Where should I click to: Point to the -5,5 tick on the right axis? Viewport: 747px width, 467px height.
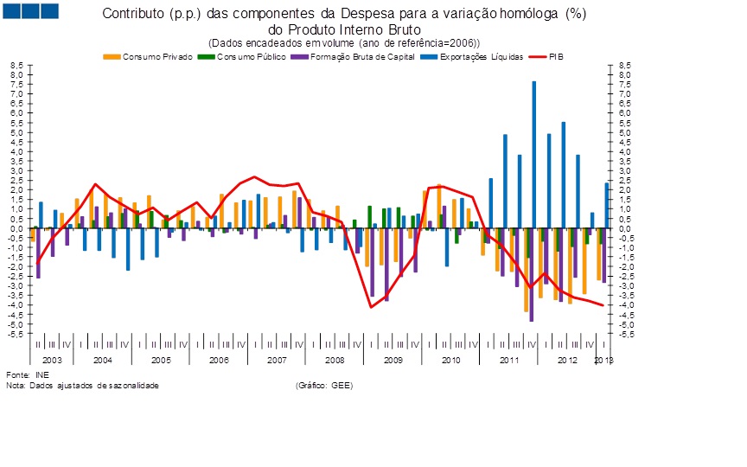(x=618, y=333)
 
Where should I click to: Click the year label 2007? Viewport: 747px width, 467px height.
(x=277, y=359)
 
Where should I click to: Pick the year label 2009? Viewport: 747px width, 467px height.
(x=393, y=359)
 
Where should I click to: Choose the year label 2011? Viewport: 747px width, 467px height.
(x=509, y=359)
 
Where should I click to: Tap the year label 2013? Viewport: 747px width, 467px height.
(x=603, y=359)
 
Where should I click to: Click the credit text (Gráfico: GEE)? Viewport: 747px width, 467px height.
(x=324, y=384)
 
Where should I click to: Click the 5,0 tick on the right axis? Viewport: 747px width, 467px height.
(x=618, y=132)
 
